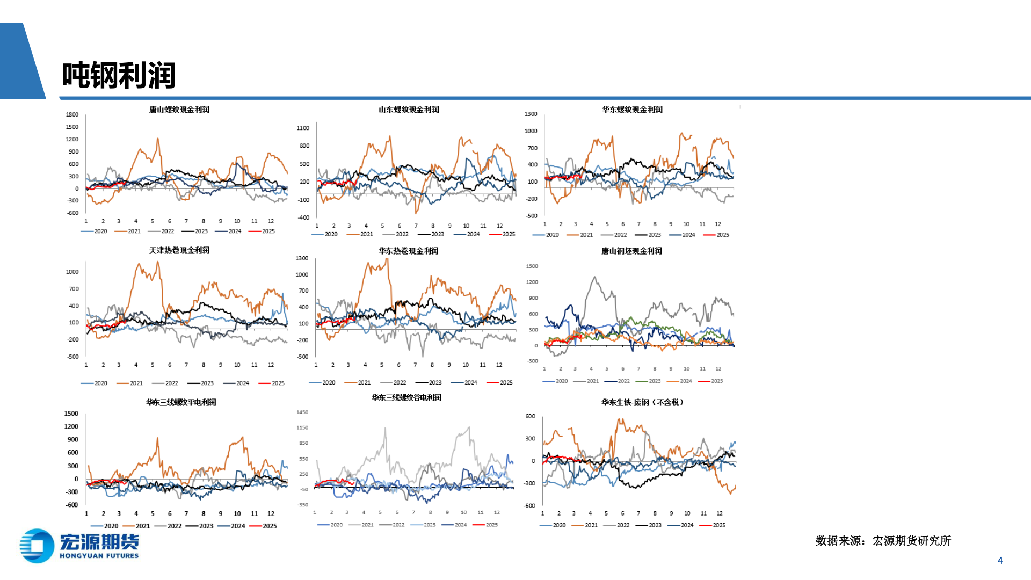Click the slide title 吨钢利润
pyautogui.click(x=119, y=75)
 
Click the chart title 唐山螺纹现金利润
pyautogui.click(x=179, y=110)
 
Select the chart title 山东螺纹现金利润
pyautogui.click(x=409, y=110)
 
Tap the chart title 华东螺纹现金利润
pyautogui.click(x=632, y=110)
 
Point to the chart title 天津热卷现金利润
pyautogui.click(x=179, y=251)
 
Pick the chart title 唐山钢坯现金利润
pyautogui.click(x=631, y=251)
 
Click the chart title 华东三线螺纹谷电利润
pyautogui.click(x=406, y=398)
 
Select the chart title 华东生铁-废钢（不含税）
pyautogui.click(x=642, y=402)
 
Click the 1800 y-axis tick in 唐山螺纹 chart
pyautogui.click(x=72, y=115)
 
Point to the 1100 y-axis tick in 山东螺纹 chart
pyautogui.click(x=303, y=128)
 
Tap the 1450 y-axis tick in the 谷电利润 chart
pyautogui.click(x=302, y=412)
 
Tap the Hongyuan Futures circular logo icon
pyautogui.click(x=37, y=546)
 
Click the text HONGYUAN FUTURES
pyautogui.click(x=99, y=556)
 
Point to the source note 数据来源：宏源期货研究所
pyautogui.click(x=883, y=541)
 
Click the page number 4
pyautogui.click(x=1000, y=561)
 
